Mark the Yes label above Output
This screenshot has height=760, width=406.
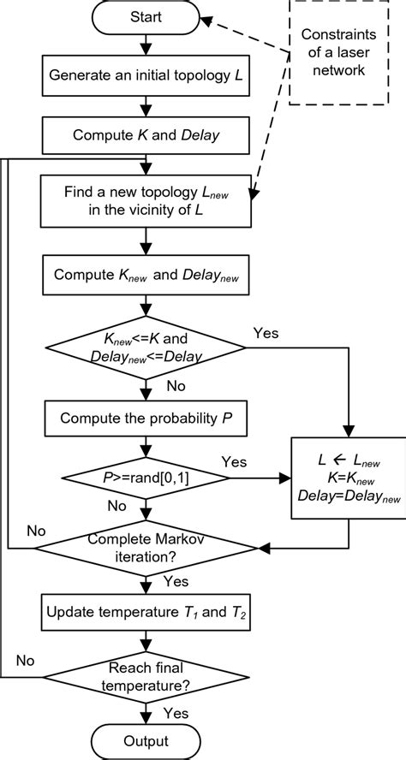176,713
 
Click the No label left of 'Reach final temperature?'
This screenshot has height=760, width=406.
27,662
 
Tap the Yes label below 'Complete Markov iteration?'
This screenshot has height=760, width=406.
176,582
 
